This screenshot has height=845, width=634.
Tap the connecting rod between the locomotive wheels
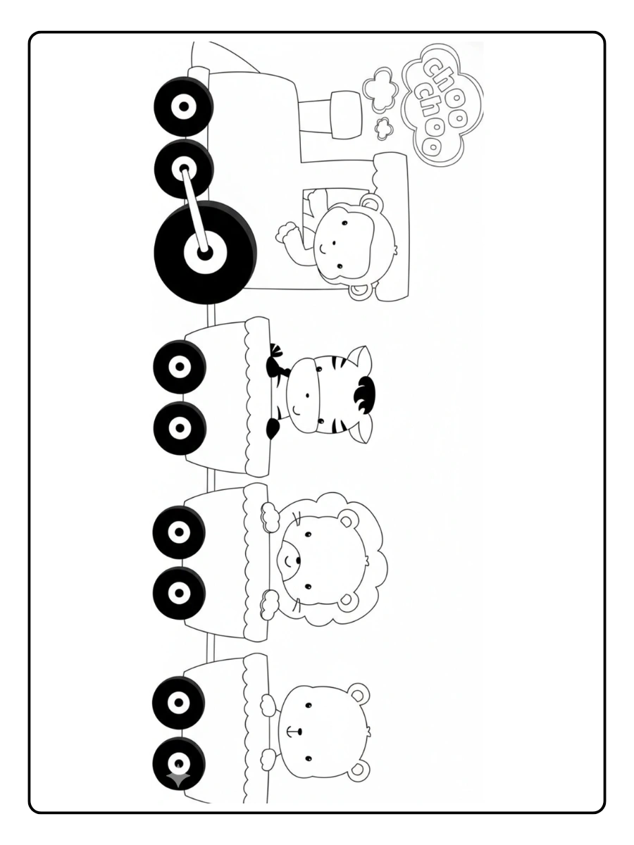(194, 209)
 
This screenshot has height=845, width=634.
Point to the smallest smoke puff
(385, 128)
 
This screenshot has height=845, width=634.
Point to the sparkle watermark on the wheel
(178, 778)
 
